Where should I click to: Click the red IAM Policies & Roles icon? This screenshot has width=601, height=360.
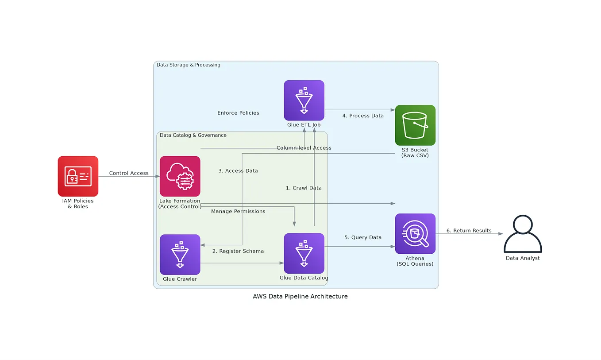coord(78,176)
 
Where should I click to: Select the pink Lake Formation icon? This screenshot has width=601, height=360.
coord(180,176)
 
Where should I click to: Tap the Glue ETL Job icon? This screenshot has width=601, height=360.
coord(304,100)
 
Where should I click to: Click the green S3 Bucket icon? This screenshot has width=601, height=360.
coord(415,125)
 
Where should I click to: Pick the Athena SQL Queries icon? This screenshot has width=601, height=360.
coord(415,233)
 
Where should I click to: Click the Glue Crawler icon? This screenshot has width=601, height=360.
coord(180,255)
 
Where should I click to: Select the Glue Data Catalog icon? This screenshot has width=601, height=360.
coord(304,253)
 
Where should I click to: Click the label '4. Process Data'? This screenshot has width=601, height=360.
coord(363,116)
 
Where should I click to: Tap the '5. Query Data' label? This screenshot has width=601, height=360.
coord(363,237)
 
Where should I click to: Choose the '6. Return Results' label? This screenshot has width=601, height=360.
coord(469,230)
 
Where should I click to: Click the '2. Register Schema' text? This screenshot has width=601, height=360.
coord(238,251)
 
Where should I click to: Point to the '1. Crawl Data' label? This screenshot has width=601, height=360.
coord(304,188)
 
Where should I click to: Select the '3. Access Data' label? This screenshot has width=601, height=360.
coord(238,170)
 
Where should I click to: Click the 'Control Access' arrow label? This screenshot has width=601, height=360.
coord(129,173)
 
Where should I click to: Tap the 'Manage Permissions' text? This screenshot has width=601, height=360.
coord(238,211)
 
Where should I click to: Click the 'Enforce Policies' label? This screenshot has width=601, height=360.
coord(238,113)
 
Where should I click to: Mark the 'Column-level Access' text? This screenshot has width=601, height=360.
coord(304,147)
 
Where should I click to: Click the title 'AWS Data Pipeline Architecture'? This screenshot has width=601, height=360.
coord(300,296)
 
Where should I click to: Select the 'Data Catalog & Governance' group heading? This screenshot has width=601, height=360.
coord(193,135)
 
